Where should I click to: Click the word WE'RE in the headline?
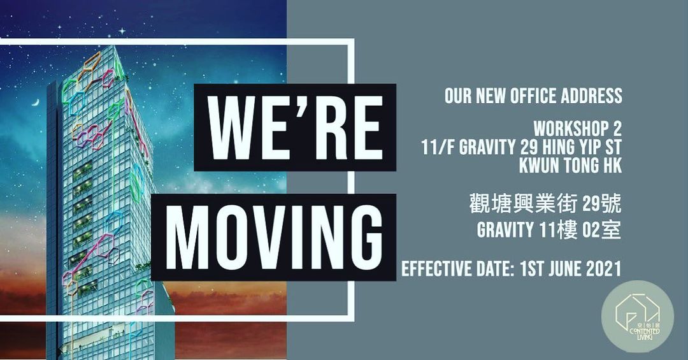pyautogui.click(x=295, y=127)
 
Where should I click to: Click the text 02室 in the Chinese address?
pyautogui.click(x=601, y=230)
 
